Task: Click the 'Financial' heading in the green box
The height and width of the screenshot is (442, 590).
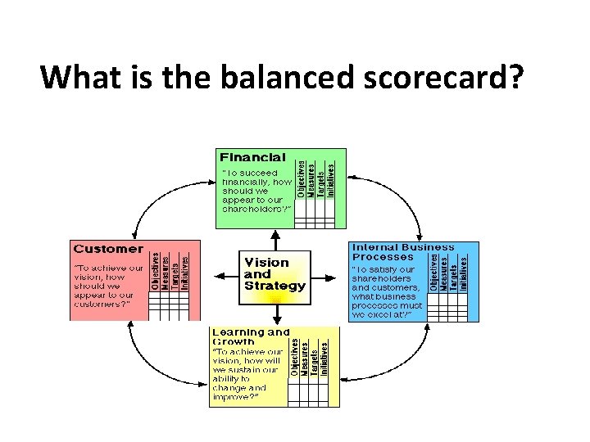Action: (252, 156)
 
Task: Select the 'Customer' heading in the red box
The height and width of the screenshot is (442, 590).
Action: (108, 248)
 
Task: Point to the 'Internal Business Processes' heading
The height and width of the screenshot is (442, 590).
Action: (402, 251)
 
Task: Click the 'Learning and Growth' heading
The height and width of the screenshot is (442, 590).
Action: (251, 336)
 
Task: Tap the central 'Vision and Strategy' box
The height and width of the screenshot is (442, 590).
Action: (274, 274)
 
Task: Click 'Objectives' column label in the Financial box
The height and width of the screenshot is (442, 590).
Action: (301, 178)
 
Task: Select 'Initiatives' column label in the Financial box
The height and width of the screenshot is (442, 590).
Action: (330, 178)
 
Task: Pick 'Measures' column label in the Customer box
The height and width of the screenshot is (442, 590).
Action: (165, 273)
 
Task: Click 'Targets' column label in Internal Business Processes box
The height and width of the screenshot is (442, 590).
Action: (452, 273)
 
